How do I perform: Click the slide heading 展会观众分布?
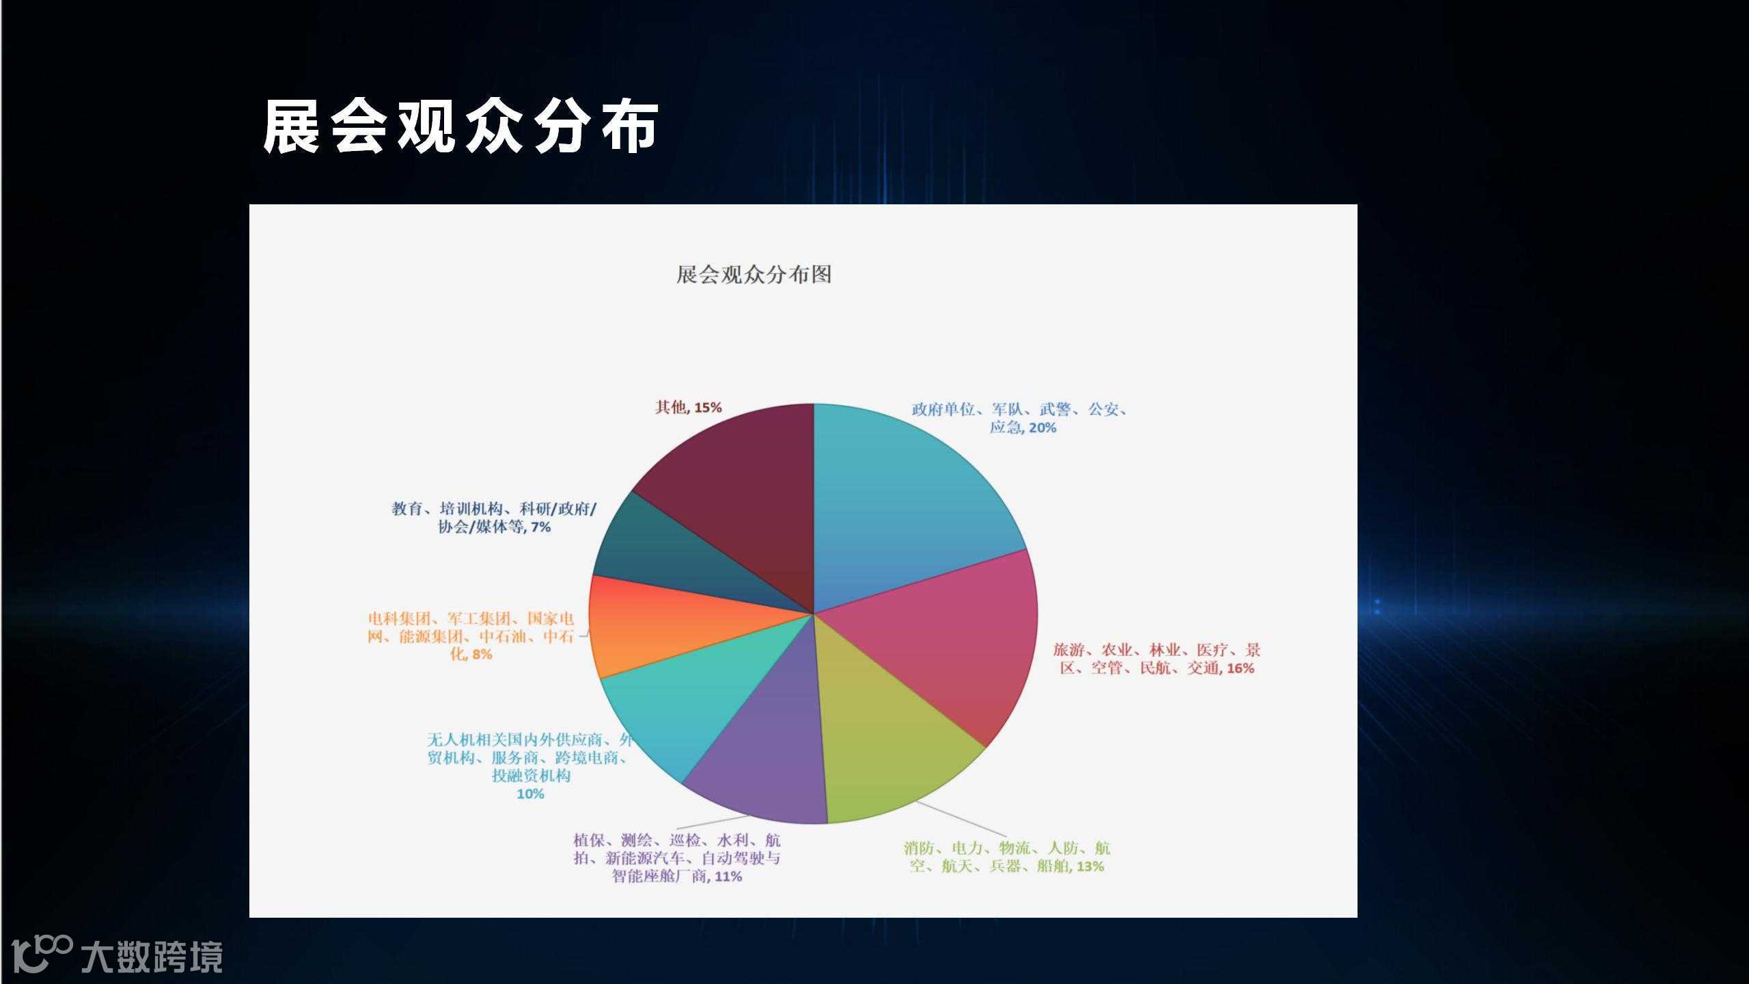tap(460, 127)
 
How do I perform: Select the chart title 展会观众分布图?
tap(754, 275)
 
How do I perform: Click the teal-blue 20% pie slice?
tap(909, 506)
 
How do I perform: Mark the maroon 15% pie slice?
tap(738, 492)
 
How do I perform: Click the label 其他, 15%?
tap(688, 407)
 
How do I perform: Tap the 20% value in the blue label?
tap(1043, 428)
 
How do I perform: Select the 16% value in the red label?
tap(1241, 668)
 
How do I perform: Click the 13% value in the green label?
tap(1090, 866)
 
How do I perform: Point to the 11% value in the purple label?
tap(728, 876)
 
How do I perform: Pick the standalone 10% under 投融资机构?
tap(530, 794)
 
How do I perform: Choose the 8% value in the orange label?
tap(482, 654)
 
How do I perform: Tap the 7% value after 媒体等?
tap(540, 527)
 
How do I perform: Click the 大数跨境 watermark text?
tap(152, 957)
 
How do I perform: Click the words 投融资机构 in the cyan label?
tap(531, 776)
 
